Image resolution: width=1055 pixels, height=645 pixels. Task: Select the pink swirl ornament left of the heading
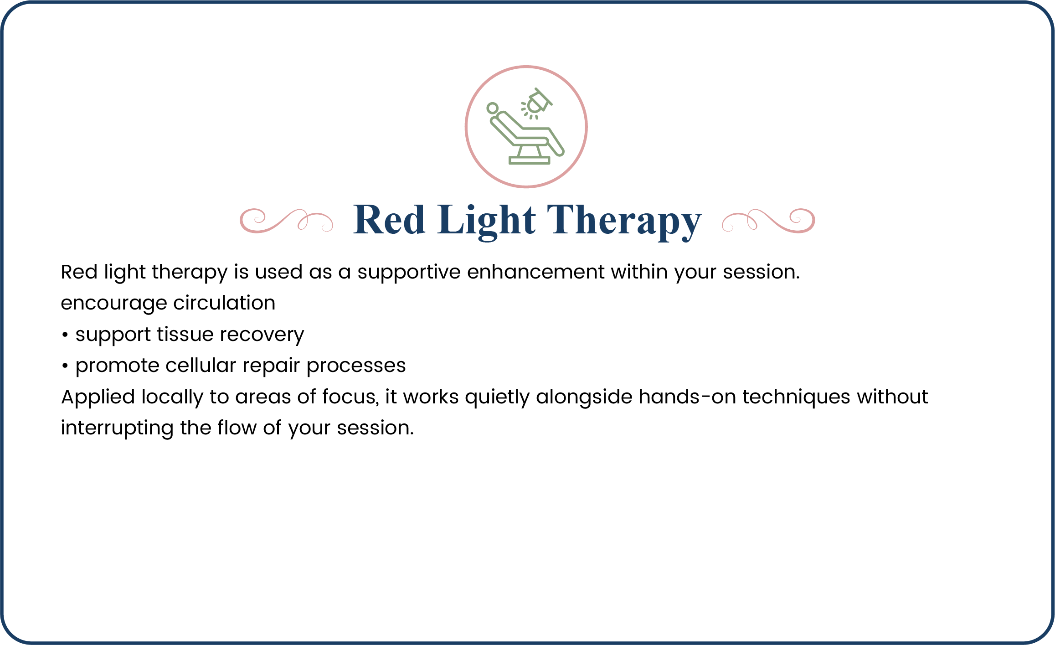point(286,221)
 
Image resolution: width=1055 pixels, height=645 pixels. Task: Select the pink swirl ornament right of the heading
point(768,221)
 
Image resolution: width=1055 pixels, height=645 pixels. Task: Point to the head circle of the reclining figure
point(492,108)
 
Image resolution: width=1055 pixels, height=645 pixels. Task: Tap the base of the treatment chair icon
point(529,160)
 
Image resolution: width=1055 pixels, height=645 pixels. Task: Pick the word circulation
point(224,303)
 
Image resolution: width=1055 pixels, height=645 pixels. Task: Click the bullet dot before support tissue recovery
point(65,335)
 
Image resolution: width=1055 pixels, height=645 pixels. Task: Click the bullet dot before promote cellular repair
point(65,366)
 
